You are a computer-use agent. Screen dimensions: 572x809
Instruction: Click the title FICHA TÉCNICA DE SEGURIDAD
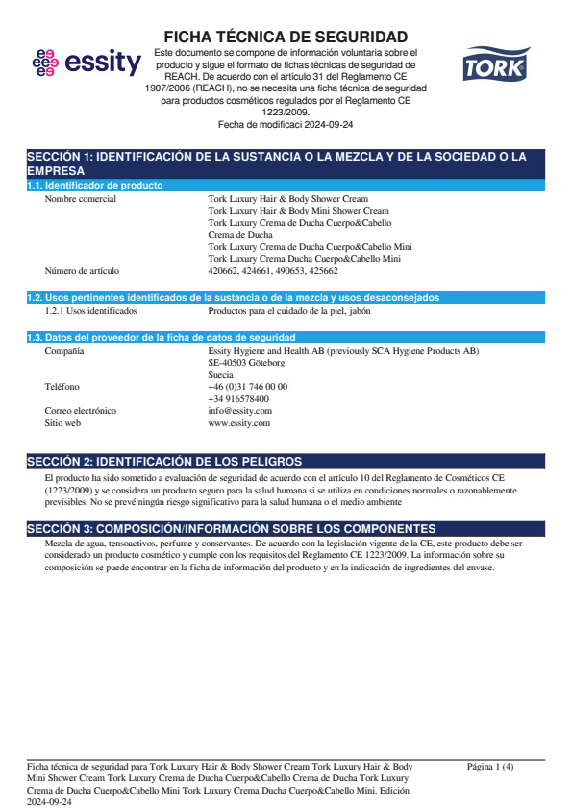click(286, 37)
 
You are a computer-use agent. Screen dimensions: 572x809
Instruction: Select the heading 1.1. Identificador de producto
click(94, 185)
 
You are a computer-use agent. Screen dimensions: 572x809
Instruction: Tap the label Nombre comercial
click(81, 199)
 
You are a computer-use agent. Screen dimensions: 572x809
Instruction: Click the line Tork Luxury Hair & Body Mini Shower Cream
click(298, 211)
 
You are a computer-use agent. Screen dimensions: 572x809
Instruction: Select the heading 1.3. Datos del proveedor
click(161, 337)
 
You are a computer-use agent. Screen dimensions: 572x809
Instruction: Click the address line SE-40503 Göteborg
click(246, 363)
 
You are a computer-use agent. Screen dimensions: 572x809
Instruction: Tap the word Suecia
click(220, 375)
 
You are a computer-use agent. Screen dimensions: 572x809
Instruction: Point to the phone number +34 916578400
click(238, 398)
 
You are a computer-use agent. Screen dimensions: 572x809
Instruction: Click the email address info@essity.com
click(239, 411)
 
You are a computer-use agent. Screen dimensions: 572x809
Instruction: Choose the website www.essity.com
click(238, 422)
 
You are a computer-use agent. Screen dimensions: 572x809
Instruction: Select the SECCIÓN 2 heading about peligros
click(164, 462)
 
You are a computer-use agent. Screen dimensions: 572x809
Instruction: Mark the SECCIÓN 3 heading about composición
click(231, 529)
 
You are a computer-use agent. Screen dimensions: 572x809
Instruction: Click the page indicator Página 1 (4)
click(490, 767)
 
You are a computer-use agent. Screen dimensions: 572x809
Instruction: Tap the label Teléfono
click(63, 387)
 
